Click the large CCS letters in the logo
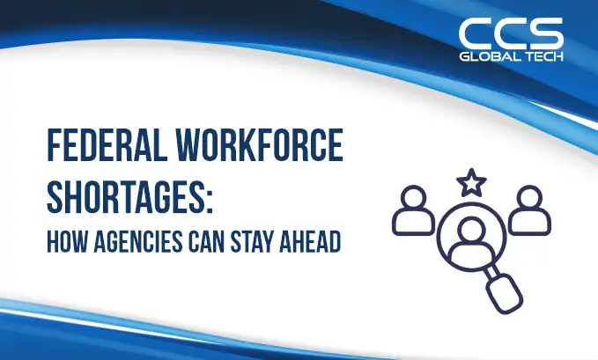pos(511,33)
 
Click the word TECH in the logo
pos(543,57)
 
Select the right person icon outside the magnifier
pos(528,209)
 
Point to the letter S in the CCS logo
pos(545,33)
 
